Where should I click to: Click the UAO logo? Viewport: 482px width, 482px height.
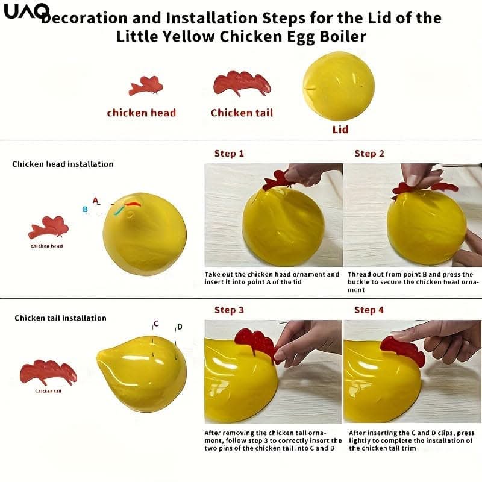point(27,11)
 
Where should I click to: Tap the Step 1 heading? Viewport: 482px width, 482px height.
point(229,154)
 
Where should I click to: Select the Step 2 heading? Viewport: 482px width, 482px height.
point(369,154)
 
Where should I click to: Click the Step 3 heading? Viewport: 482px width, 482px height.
point(229,310)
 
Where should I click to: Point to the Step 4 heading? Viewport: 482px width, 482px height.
point(369,310)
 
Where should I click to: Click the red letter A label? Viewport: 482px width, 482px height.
point(96,201)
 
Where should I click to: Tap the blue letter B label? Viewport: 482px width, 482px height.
point(85,209)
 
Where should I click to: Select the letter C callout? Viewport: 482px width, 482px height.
point(156,324)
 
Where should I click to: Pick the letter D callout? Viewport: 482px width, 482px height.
point(180,327)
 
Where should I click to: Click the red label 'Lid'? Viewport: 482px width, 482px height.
point(340,130)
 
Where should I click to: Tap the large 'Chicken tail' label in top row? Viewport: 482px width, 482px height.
point(242,113)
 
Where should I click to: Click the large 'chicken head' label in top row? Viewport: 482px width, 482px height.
point(142,113)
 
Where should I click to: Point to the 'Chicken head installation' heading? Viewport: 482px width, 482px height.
point(63,164)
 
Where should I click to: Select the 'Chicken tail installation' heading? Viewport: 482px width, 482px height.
point(61,318)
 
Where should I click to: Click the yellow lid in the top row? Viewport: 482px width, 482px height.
point(339,86)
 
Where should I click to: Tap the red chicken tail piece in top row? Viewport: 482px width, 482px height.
point(242,83)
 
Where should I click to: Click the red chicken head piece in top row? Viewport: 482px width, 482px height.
point(146,86)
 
